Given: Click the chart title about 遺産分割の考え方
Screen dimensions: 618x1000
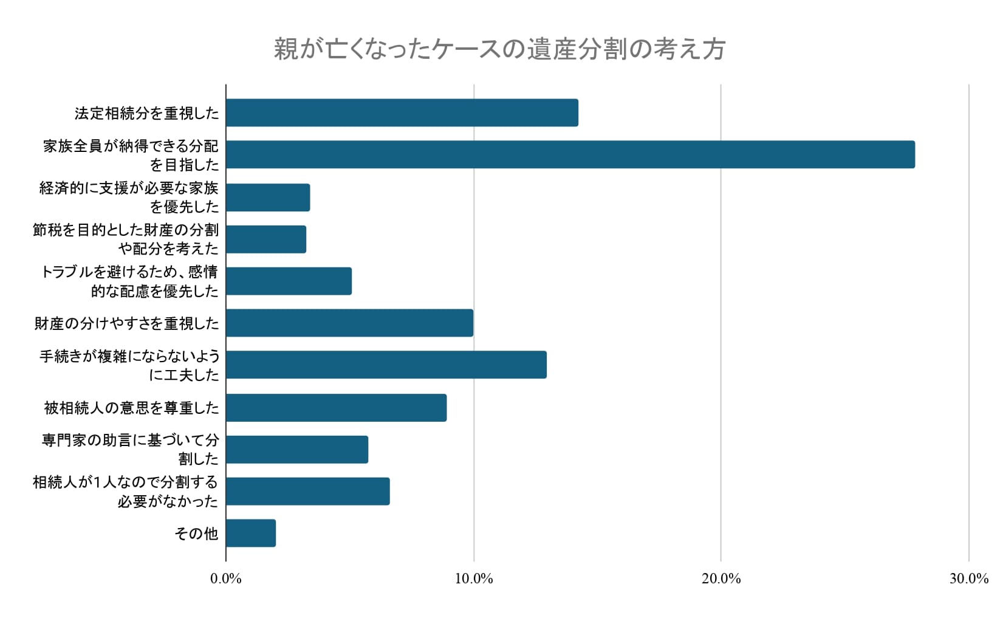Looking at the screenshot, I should pos(499,49).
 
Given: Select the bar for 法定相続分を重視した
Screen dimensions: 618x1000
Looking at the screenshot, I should pos(402,113).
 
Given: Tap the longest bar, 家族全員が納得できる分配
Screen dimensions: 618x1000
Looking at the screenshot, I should pos(570,154).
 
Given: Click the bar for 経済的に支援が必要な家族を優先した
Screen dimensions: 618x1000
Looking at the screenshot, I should pos(268,197).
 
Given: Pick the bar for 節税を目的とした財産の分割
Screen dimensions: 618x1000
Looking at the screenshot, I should pos(266,239).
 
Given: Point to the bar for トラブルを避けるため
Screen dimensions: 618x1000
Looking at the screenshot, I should pos(289,281).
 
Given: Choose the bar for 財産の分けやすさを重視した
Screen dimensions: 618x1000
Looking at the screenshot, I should pos(349,323).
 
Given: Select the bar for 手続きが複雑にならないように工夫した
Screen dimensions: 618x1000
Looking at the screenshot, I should pos(386,365).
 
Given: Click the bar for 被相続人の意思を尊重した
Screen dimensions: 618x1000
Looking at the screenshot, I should pos(336,408).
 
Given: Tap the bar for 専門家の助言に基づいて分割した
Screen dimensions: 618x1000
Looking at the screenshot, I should pos(297,450).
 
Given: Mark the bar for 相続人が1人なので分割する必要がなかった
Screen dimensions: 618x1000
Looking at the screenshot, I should pos(307,491).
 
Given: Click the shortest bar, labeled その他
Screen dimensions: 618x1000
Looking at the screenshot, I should pos(251,533).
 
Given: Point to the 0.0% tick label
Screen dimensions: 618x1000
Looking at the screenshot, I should pos(226,579).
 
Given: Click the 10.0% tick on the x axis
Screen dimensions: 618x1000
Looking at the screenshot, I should pos(474,579).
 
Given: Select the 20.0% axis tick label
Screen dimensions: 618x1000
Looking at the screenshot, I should pos(721,579).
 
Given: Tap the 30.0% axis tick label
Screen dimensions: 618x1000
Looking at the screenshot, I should pos(968,579).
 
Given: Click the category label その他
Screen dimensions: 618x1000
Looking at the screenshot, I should pos(196,534).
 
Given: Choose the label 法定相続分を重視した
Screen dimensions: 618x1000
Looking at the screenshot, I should pos(146,114).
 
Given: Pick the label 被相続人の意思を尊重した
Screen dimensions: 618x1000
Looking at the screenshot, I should pos(131,408).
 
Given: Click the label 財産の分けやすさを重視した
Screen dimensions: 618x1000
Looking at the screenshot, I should pos(126,323).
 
